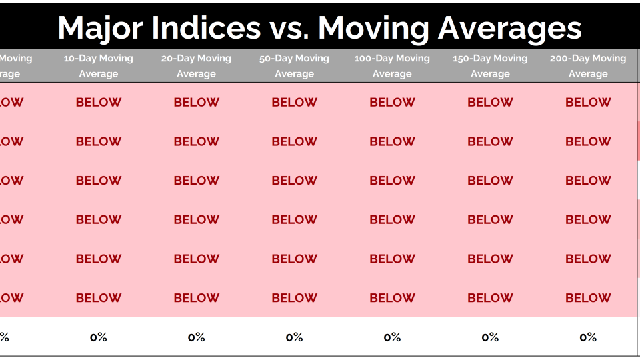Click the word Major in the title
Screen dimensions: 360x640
tap(97, 28)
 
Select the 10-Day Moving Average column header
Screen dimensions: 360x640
tap(99, 66)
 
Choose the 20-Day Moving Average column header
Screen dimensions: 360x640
tap(196, 66)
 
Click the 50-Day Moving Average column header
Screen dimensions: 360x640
tap(294, 66)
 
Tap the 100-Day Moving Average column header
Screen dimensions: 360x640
tap(392, 66)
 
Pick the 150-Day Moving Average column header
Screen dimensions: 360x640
tap(490, 66)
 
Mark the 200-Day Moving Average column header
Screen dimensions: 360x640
tap(588, 66)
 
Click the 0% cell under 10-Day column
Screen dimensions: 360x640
tap(99, 337)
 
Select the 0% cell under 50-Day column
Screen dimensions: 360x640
tap(294, 337)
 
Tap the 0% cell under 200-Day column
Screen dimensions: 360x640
tap(588, 337)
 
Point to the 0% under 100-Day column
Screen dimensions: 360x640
tap(392, 337)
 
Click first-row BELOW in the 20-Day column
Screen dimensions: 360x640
tap(196, 103)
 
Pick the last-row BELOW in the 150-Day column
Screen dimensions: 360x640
tap(490, 298)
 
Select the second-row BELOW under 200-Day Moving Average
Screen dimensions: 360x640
tap(588, 141)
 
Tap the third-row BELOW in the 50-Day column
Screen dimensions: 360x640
tap(294, 181)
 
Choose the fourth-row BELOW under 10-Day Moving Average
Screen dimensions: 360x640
tap(99, 220)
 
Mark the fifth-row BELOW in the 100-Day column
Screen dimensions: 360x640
tap(392, 259)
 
